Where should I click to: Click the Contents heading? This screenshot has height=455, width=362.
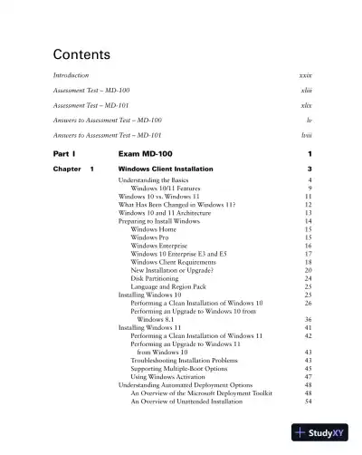pyautogui.click(x=81, y=53)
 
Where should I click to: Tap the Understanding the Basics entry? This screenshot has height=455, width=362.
pyautogui.click(x=155, y=181)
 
